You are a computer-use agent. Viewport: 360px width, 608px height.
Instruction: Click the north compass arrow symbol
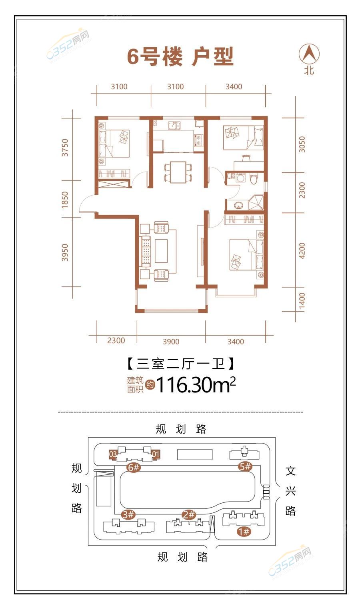tap(309, 54)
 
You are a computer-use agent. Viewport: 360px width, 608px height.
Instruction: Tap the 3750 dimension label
tap(65, 147)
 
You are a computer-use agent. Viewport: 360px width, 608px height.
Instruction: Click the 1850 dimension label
tap(65, 200)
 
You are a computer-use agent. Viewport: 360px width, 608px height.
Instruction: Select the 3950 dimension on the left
tap(65, 252)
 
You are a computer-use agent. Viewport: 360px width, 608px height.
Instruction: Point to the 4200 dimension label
tap(302, 251)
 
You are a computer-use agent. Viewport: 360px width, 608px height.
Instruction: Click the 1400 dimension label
tap(302, 300)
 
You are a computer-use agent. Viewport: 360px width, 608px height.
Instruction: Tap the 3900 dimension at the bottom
tap(171, 342)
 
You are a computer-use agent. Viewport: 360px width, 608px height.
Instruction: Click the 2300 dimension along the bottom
tap(116, 340)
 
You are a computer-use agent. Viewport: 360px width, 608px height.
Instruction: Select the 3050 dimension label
tap(302, 144)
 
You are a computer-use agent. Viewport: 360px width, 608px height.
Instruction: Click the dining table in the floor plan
tap(178, 172)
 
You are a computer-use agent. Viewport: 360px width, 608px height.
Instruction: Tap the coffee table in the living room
tap(161, 251)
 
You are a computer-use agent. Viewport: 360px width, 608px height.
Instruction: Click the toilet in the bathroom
tap(253, 179)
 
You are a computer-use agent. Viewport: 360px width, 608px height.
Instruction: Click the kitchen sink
tap(174, 126)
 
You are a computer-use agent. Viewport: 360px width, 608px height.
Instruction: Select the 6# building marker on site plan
tap(134, 467)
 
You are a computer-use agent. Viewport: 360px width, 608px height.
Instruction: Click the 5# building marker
tap(245, 466)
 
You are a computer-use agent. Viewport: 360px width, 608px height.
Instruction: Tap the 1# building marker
tap(244, 531)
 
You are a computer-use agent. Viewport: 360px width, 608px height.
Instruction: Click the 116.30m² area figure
tap(196, 384)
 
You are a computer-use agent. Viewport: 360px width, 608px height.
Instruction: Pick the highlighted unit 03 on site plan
tap(113, 454)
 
